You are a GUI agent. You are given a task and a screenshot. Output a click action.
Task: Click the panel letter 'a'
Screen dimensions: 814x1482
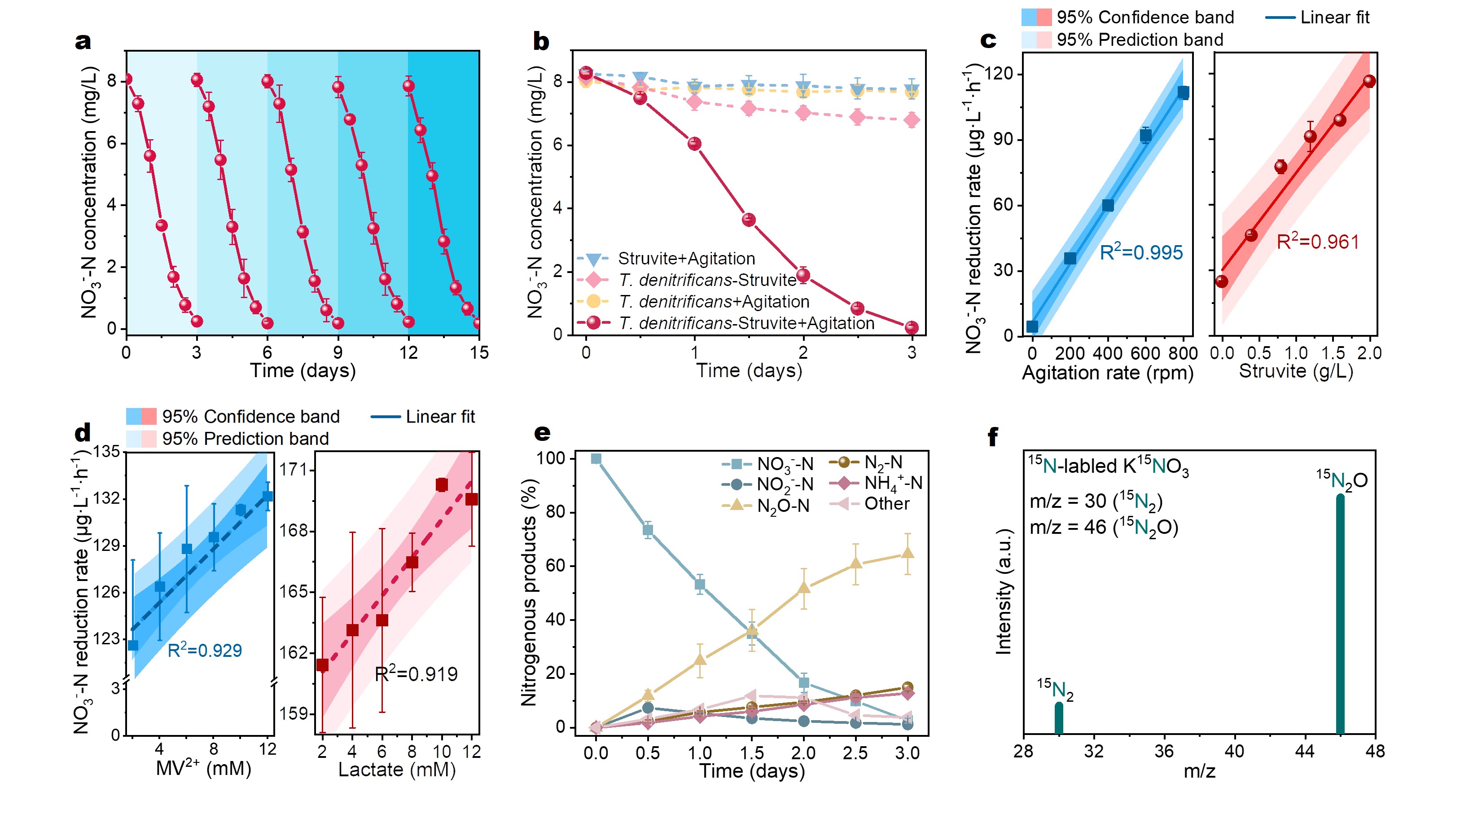click(x=83, y=41)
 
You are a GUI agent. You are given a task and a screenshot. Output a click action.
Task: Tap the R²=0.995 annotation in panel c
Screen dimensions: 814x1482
click(x=1141, y=252)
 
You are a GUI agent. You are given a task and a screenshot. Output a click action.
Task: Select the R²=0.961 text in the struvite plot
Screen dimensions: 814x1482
click(x=1317, y=242)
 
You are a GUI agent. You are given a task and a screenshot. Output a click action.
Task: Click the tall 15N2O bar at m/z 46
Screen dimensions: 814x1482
click(x=1340, y=613)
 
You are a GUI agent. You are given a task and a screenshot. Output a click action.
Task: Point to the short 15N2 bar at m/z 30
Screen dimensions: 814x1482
click(x=1059, y=718)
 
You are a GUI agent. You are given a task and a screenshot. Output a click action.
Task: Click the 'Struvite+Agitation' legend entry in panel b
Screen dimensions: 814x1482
click(x=686, y=259)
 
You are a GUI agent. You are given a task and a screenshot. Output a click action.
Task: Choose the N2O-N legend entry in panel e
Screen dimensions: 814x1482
click(x=782, y=506)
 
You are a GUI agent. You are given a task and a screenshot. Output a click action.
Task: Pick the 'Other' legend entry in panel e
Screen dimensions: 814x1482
click(x=886, y=504)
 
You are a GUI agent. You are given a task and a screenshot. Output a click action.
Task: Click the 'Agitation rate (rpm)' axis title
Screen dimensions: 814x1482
click(x=1108, y=373)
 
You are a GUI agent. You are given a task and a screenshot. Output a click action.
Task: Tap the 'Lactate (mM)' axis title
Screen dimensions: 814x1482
click(x=396, y=770)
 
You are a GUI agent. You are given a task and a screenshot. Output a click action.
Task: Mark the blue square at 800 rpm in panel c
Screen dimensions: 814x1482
click(x=1183, y=92)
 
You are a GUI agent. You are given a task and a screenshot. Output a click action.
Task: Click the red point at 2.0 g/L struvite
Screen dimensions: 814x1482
click(x=1369, y=81)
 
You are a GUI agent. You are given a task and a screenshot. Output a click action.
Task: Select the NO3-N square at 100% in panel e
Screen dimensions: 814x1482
click(x=596, y=459)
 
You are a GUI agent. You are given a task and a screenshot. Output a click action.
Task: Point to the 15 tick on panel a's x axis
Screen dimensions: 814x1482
click(x=478, y=352)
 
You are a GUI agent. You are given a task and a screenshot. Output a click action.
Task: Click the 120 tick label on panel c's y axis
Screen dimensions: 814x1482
click(x=999, y=74)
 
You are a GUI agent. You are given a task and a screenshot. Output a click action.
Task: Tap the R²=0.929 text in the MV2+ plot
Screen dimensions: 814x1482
click(x=204, y=651)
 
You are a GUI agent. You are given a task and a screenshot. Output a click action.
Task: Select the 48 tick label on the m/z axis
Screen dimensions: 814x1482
click(x=1375, y=751)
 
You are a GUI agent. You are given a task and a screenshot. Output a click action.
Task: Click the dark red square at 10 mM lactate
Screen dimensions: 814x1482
click(x=441, y=485)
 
